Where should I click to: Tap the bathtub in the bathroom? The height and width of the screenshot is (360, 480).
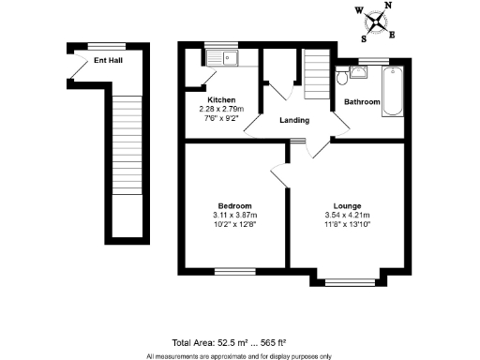[391, 91]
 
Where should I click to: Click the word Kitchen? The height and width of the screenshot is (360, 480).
[221, 99]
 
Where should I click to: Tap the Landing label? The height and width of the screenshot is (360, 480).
[296, 119]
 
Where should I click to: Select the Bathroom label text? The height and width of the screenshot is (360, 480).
[362, 101]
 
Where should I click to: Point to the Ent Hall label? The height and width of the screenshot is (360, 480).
[108, 59]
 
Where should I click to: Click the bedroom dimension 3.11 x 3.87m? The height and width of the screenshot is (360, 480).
[233, 215]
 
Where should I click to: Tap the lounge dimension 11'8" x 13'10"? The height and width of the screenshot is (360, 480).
[348, 224]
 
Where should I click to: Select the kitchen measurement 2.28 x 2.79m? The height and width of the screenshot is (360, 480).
[221, 109]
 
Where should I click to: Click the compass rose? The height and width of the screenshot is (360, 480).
[375, 22]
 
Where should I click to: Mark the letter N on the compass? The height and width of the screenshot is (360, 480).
[390, 7]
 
